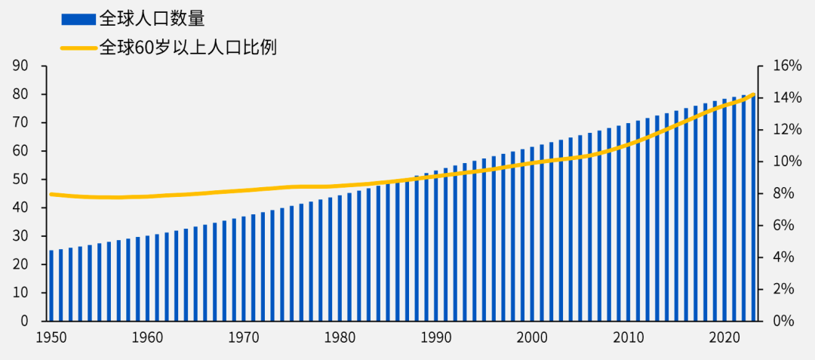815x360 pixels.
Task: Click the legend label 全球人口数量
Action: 152,19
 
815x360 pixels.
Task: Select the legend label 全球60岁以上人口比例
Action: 188,48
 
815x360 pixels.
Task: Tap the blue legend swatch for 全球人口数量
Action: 78,19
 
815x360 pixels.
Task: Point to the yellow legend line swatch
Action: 78,48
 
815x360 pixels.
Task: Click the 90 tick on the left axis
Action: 20,66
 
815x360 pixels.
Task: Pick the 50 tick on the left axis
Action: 20,180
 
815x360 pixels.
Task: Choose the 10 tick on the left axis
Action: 20,293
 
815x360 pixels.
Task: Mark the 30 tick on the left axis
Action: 20,236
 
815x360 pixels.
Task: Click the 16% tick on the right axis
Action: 787,66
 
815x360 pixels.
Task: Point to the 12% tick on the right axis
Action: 787,130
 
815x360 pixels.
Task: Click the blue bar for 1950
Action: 51,285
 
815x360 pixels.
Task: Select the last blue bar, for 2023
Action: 753,208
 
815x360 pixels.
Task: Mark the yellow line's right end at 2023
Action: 753,94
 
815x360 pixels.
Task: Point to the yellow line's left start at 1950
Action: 51,194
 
